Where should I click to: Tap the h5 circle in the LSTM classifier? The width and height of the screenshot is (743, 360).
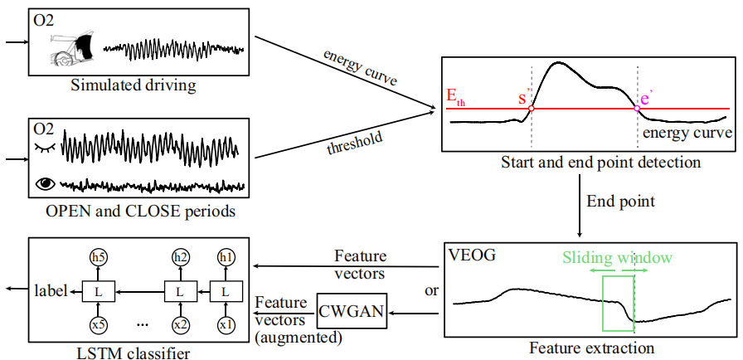[99, 258]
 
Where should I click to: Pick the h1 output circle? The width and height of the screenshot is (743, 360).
[225, 258]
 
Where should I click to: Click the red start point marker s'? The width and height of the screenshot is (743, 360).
[531, 108]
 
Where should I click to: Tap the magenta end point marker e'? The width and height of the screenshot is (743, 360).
[637, 108]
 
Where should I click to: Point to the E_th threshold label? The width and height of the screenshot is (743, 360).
[455, 98]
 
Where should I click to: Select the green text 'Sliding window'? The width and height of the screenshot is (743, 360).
[618, 258]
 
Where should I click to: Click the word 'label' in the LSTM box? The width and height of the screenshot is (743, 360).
[52, 290]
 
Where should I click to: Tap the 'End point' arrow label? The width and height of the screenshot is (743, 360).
[620, 201]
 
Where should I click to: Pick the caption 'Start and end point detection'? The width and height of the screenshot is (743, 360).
[600, 163]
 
